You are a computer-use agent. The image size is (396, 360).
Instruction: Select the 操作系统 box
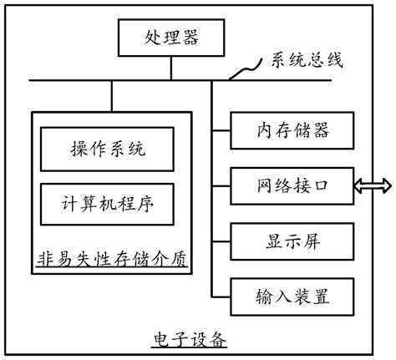click(x=108, y=150)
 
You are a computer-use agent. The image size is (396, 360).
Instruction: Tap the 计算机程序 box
click(x=108, y=201)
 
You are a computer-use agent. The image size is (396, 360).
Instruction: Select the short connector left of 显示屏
click(x=221, y=241)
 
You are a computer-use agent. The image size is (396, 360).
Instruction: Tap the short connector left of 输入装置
click(x=221, y=296)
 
